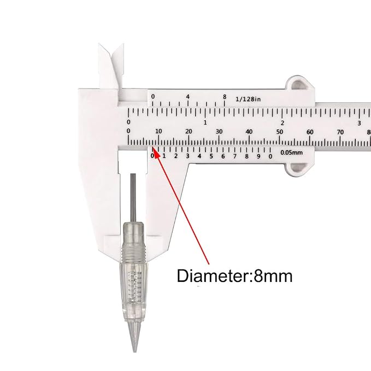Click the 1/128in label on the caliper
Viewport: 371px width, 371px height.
[248, 99]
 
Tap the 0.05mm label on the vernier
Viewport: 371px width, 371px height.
[292, 152]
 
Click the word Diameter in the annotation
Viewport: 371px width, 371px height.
[213, 275]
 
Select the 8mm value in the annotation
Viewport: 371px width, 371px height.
[273, 275]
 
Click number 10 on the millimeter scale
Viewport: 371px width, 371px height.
[158, 131]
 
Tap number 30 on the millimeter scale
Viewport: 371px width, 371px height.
[219, 131]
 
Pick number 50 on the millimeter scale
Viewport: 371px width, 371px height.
[280, 132]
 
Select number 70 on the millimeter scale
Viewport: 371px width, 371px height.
[340, 132]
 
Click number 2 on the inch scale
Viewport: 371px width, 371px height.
[282, 123]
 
